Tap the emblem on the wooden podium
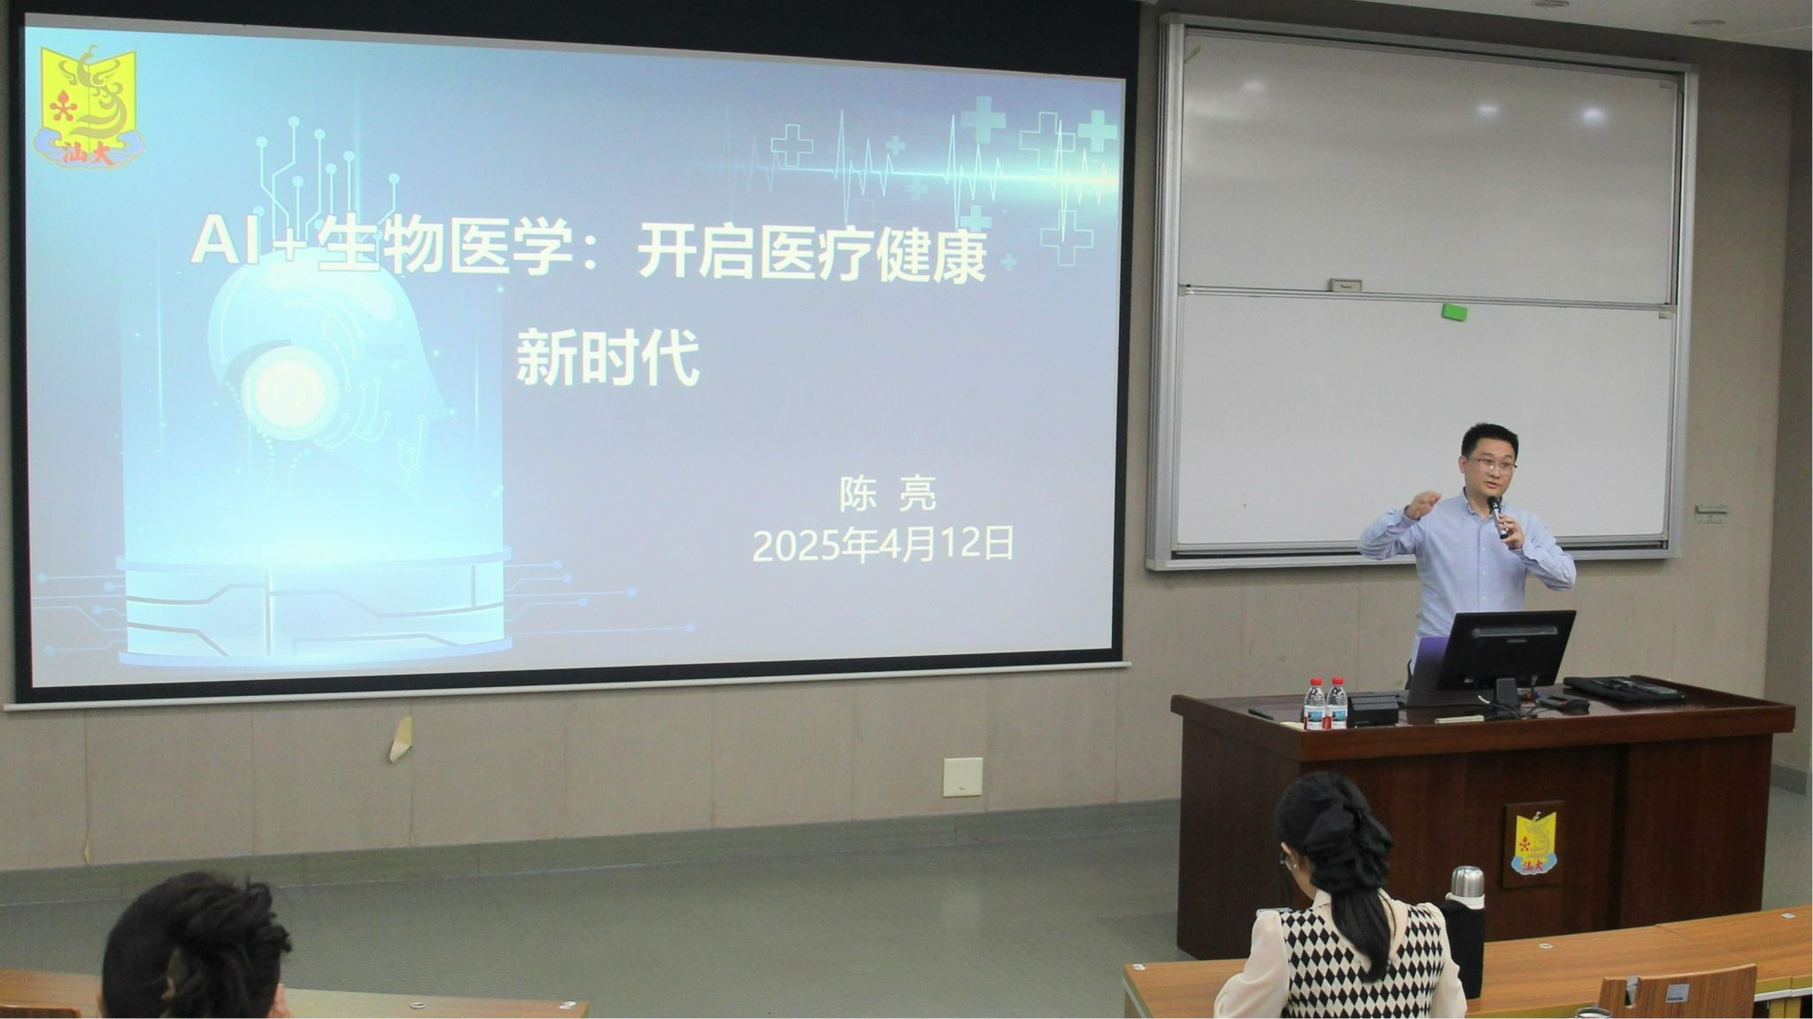coord(1533,843)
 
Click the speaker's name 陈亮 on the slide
coord(887,494)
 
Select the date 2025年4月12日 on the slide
coord(883,544)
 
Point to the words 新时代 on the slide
coord(607,357)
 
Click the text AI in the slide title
coord(220,242)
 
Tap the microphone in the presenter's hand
coord(1498,517)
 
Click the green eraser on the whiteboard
coord(1454,312)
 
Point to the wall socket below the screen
coord(962,776)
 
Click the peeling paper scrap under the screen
coord(401,739)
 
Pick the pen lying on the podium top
coord(1260,713)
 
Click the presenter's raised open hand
coord(1423,505)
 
